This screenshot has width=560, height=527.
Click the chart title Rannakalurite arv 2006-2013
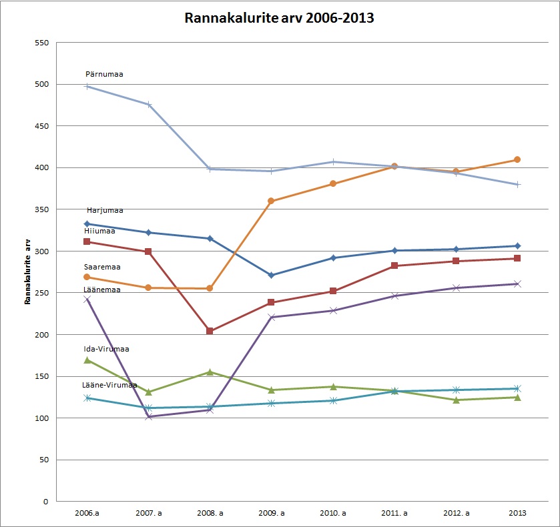[279, 18]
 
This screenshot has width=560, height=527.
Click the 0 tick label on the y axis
[46, 502]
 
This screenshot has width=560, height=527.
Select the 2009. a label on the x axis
[271, 513]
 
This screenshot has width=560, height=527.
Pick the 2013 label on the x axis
[517, 513]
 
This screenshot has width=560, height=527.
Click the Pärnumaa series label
[104, 74]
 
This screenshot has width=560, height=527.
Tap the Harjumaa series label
[105, 210]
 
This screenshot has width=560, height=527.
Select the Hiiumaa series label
[99, 231]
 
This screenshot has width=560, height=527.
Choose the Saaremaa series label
[101, 266]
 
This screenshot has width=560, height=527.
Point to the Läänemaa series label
[101, 290]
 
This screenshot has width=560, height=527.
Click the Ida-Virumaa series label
[106, 348]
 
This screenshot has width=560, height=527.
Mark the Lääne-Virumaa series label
[109, 385]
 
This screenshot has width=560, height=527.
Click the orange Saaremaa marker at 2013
[517, 160]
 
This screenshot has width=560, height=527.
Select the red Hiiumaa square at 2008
[210, 331]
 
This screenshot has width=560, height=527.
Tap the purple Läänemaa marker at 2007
[148, 417]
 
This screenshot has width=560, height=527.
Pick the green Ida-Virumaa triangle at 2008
[210, 372]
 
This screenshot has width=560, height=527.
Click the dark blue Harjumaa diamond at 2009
[271, 275]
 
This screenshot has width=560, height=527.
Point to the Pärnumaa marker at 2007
[148, 105]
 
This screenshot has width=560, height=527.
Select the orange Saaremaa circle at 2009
[271, 201]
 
